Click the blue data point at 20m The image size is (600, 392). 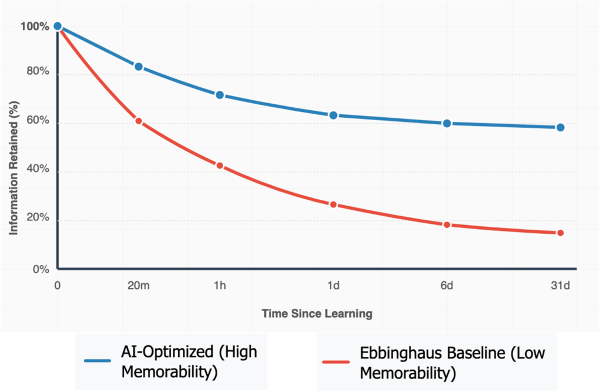(139, 67)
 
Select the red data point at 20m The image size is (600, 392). (139, 121)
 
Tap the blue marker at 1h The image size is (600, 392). (220, 95)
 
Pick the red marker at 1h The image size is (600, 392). (220, 166)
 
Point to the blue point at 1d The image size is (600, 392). (333, 115)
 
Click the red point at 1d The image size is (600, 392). (333, 204)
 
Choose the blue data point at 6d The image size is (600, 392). (447, 124)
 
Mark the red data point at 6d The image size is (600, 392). (447, 225)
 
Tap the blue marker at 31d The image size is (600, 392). (560, 128)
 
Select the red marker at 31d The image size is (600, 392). (560, 233)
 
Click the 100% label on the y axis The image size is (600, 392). (35, 26)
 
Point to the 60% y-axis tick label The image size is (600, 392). (37, 124)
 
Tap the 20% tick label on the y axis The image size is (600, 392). (37, 220)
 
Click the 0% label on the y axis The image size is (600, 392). (40, 270)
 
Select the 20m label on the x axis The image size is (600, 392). (139, 286)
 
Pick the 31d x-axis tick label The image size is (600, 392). (560, 286)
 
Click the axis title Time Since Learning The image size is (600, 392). (317, 313)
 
